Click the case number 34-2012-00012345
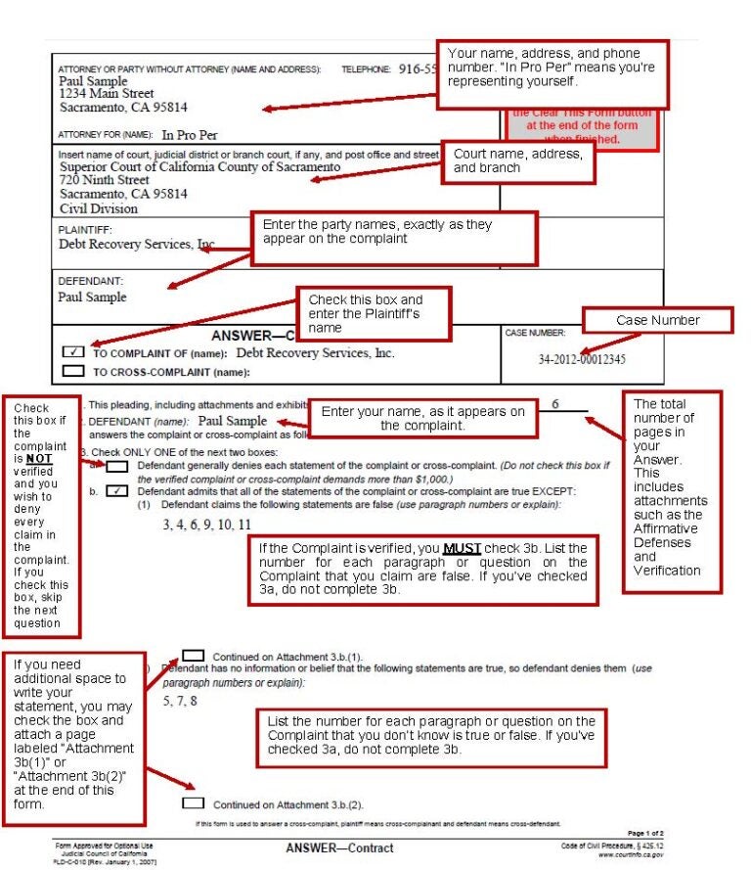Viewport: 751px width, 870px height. [582, 359]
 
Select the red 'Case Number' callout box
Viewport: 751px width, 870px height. [657, 320]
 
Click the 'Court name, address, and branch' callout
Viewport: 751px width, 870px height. [519, 161]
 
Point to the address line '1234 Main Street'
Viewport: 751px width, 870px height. [107, 94]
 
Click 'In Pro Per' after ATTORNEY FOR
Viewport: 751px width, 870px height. [190, 134]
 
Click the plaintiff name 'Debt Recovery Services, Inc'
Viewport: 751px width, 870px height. [137, 244]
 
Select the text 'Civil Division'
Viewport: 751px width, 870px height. [99, 208]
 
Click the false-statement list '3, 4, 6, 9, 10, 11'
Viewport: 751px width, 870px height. [206, 525]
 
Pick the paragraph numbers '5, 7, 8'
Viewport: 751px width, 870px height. [180, 701]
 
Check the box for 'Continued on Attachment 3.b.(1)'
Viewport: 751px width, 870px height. [193, 656]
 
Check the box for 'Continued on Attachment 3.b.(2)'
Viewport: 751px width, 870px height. [194, 803]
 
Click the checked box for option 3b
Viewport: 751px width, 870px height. [116, 491]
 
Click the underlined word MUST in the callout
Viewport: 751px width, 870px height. [463, 548]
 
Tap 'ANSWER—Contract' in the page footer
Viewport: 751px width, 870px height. [339, 848]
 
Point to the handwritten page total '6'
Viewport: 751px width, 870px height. [554, 404]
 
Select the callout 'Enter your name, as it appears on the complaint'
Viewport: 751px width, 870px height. [422, 418]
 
